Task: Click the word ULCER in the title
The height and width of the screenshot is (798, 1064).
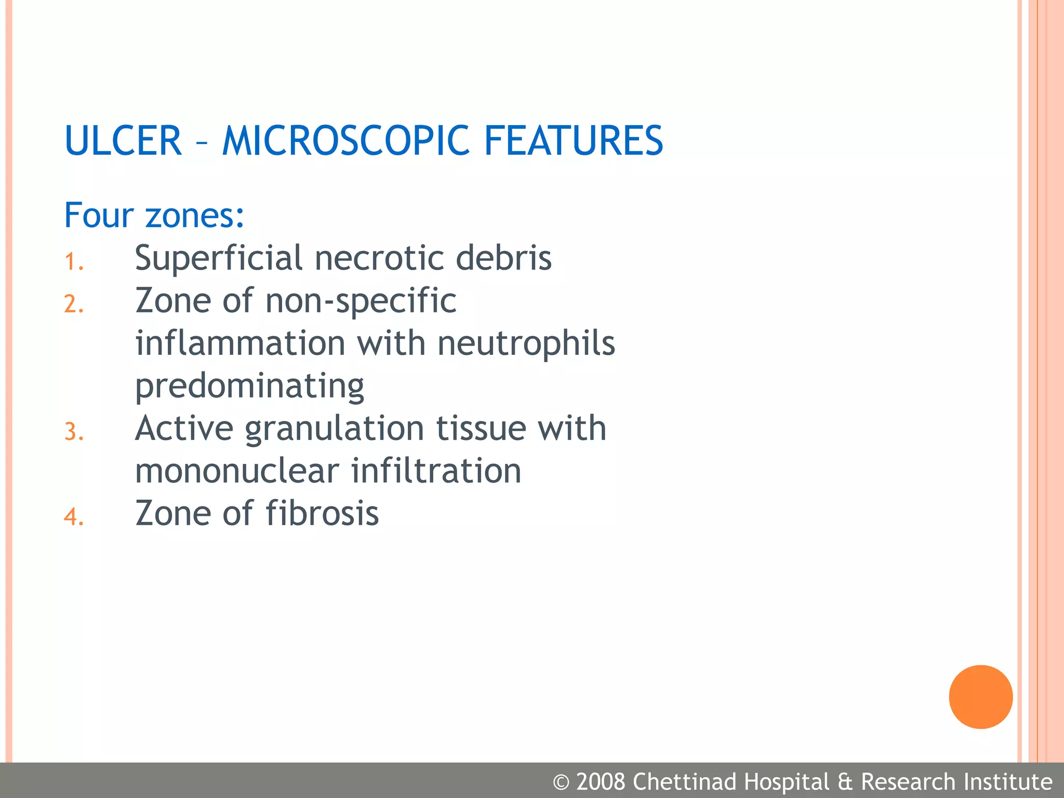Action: [x=123, y=141]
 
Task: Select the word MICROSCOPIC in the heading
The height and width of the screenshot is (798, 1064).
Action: [x=345, y=141]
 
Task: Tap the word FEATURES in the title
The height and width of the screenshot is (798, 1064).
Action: [x=574, y=141]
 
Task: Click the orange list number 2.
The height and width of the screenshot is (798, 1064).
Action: [x=74, y=304]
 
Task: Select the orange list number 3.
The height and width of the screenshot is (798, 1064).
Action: [x=74, y=432]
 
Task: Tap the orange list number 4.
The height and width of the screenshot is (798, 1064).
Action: [x=74, y=517]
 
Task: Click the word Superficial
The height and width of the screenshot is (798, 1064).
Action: [x=219, y=258]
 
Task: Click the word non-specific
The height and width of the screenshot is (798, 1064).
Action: [x=361, y=302]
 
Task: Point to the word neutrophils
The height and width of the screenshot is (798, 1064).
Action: [x=526, y=344]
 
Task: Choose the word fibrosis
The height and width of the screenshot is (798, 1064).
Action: [x=322, y=514]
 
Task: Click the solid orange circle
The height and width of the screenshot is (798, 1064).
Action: [x=980, y=697]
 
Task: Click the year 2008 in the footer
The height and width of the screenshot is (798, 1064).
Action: [x=601, y=782]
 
